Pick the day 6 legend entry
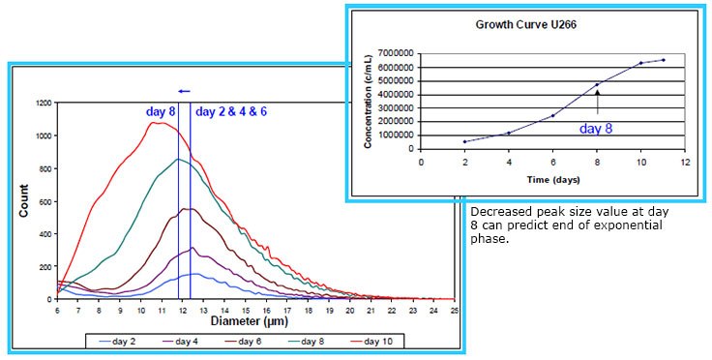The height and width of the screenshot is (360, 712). tap(252, 341)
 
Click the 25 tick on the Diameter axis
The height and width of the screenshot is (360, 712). tap(453, 309)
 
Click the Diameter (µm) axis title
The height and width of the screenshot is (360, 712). tap(255, 321)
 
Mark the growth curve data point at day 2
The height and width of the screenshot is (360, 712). tap(465, 141)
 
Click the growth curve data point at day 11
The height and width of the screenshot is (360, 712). tap(663, 60)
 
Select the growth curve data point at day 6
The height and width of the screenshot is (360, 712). tap(553, 116)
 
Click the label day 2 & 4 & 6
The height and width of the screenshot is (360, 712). tap(232, 112)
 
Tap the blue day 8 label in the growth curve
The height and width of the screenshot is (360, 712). tap(597, 127)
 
